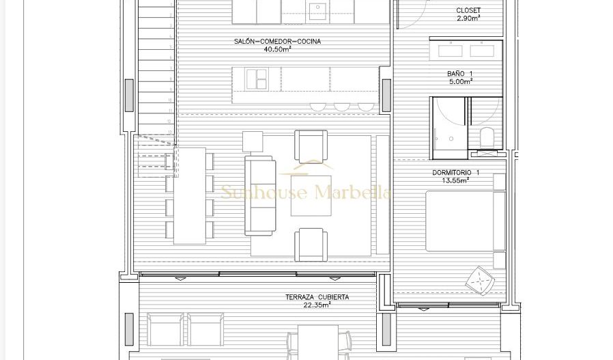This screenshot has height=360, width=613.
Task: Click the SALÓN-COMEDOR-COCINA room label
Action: pyautogui.click(x=277, y=42)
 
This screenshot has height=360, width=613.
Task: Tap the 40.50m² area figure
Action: pyautogui.click(x=277, y=49)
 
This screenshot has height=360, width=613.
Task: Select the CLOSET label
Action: pyautogui.click(x=468, y=11)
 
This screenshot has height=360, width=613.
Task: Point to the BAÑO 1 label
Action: pyautogui.click(x=460, y=74)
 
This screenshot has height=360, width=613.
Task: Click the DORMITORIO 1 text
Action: pyautogui.click(x=455, y=173)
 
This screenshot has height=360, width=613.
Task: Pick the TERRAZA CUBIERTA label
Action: pyautogui.click(x=317, y=297)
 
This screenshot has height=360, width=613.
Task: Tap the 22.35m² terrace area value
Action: pyautogui.click(x=317, y=305)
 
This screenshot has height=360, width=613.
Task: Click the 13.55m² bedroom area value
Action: pyautogui.click(x=455, y=181)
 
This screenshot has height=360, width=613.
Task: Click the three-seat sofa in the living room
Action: pyautogui.click(x=259, y=195)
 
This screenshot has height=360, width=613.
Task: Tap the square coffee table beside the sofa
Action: pyautogui.click(x=311, y=196)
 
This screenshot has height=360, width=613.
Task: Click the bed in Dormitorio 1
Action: pyautogui.click(x=464, y=221)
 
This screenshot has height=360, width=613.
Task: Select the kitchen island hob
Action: pyautogui.click(x=257, y=79)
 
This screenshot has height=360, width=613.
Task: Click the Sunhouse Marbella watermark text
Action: pyautogui.click(x=305, y=193)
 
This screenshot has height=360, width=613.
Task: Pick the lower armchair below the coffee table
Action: pyautogui.click(x=311, y=245)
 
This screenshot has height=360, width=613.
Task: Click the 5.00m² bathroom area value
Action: pyautogui.click(x=460, y=82)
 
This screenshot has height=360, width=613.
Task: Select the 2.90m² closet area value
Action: pyautogui.click(x=468, y=18)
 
